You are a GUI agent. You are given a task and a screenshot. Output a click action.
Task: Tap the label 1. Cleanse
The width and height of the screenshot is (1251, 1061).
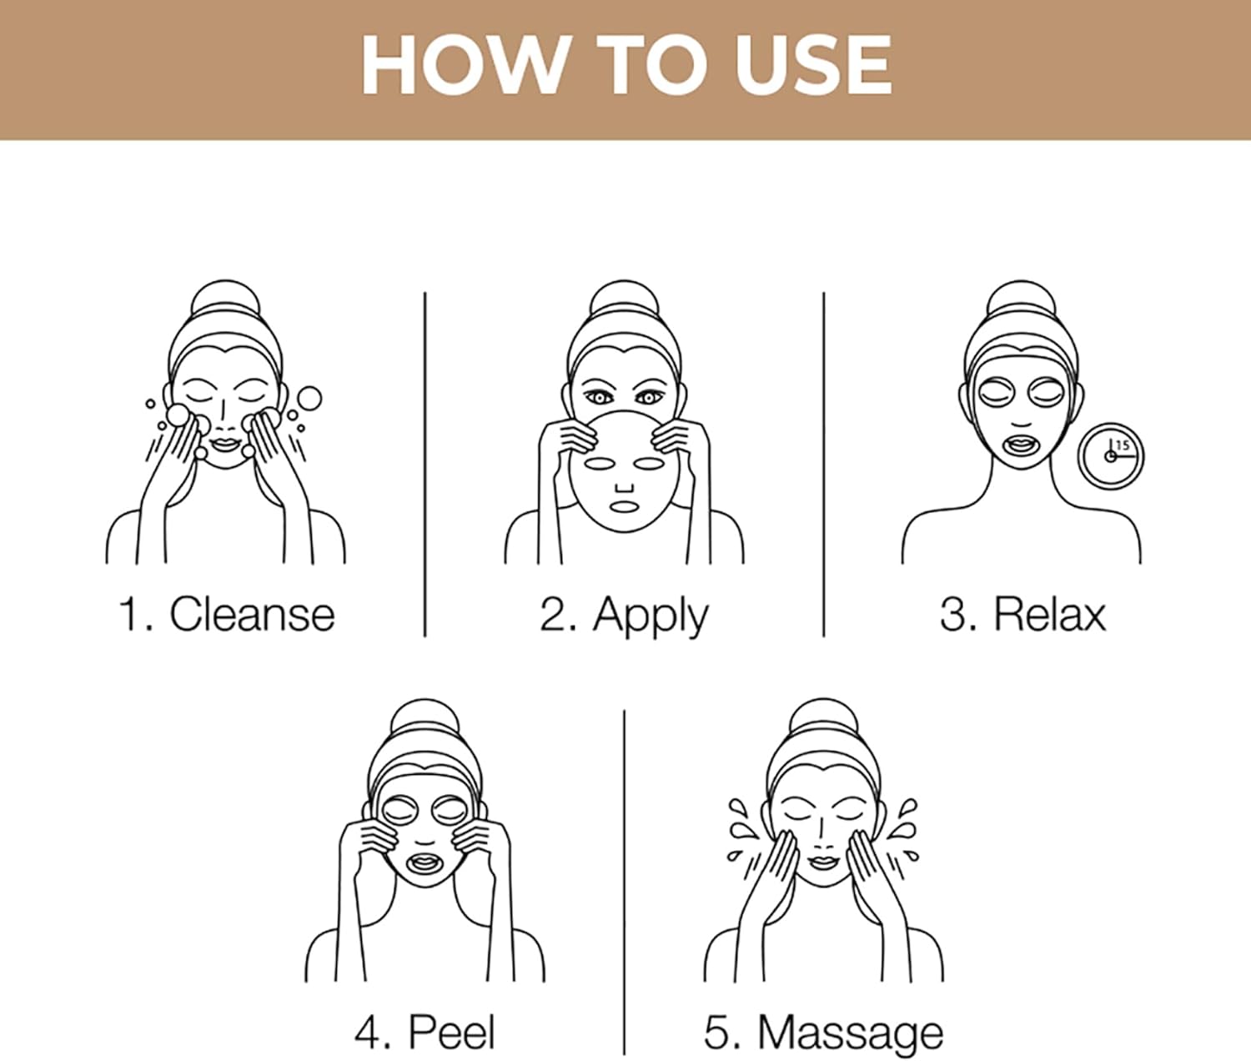[226, 615]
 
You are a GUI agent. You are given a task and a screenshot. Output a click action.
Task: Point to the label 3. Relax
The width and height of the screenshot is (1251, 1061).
[1022, 615]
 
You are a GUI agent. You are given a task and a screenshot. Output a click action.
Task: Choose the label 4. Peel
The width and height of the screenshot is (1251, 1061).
[425, 1032]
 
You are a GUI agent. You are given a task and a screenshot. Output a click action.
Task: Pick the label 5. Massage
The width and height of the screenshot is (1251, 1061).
[823, 1033]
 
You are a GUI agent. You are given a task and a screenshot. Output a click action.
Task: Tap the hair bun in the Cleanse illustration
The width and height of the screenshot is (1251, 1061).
[224, 301]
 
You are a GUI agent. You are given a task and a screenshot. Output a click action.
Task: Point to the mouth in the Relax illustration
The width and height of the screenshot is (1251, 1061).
[1020, 443]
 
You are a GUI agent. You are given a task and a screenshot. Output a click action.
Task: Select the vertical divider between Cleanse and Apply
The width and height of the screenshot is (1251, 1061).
[425, 464]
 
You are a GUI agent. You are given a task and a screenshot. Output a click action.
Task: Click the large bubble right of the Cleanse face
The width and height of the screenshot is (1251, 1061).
[309, 399]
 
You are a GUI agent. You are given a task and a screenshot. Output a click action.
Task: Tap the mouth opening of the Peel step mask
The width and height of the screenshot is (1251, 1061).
[425, 861]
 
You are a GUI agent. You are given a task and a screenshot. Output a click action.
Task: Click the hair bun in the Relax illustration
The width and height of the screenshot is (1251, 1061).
[1020, 301]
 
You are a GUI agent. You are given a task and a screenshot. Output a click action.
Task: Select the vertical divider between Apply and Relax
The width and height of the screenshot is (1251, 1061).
[823, 464]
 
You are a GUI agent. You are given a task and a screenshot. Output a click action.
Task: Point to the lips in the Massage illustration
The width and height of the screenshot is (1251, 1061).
[822, 862]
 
